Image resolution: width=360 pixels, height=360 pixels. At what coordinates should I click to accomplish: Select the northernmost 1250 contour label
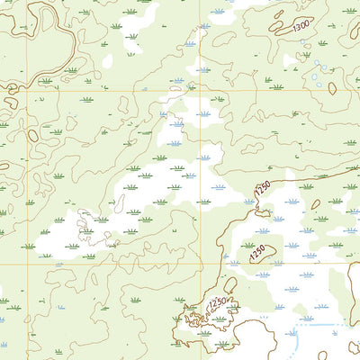pyautogui.click(x=262, y=189)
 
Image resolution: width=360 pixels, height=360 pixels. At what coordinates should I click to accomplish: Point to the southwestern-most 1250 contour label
pyautogui.click(x=216, y=305)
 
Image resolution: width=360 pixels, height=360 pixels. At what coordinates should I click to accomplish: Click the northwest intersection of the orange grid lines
pyautogui.click(x=26, y=88)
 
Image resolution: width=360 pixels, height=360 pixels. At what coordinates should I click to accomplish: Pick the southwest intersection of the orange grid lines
pyautogui.click(x=26, y=264)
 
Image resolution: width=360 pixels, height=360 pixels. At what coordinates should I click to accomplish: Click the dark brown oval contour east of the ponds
pyautogui.click(x=332, y=88)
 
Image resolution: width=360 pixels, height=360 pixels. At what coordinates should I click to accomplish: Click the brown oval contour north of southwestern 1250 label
pyautogui.click(x=229, y=285)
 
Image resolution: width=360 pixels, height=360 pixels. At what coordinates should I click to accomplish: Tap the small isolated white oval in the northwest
pyautogui.click(x=107, y=62)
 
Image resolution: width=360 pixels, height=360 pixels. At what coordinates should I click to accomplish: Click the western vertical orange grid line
pyautogui.click(x=26, y=180)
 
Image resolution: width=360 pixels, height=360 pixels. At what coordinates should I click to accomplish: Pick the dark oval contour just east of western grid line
pyautogui.click(x=33, y=135)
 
